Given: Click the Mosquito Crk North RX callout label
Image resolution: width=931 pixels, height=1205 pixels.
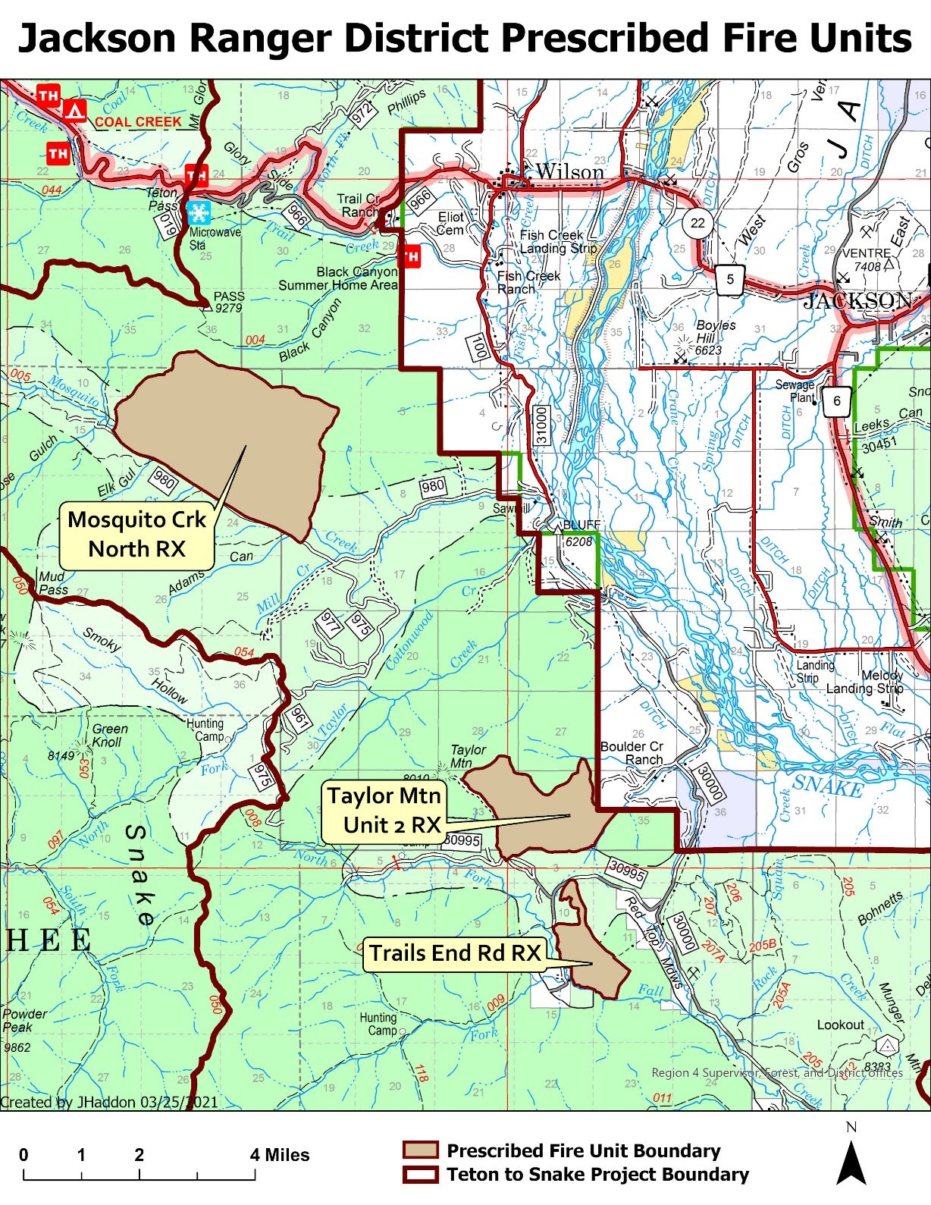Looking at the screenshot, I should click(136, 534).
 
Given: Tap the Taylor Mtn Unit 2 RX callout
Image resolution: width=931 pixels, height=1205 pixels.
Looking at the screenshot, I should click(384, 810).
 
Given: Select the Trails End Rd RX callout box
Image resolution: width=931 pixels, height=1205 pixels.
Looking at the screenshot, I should click(455, 952).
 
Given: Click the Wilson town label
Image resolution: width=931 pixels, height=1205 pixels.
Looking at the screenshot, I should click(569, 172).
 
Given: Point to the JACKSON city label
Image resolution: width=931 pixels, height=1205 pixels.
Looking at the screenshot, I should click(857, 301).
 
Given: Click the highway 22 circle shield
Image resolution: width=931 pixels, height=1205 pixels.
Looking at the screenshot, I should click(697, 223).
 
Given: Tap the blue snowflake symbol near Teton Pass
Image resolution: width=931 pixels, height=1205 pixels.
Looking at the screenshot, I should click(200, 212).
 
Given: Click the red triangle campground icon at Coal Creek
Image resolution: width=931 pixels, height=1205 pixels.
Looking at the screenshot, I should click(74, 111).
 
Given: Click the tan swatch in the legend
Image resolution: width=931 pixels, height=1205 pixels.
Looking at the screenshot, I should click(420, 1150).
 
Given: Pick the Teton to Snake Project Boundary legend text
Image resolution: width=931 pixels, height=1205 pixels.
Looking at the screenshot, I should click(597, 1175).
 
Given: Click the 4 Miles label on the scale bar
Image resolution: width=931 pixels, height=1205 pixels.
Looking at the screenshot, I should click(280, 1155).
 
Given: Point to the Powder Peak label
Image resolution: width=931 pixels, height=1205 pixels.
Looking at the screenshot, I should click(25, 1020).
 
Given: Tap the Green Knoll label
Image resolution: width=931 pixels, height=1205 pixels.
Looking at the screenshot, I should click(110, 735).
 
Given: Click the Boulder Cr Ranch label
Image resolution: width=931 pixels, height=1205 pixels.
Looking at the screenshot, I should click(631, 753).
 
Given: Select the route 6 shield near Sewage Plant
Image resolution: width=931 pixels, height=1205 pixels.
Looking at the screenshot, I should click(837, 401).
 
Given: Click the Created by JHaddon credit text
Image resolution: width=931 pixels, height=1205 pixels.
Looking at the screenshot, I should click(109, 1102).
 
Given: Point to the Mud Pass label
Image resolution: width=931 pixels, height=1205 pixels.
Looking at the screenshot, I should click(53, 582).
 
